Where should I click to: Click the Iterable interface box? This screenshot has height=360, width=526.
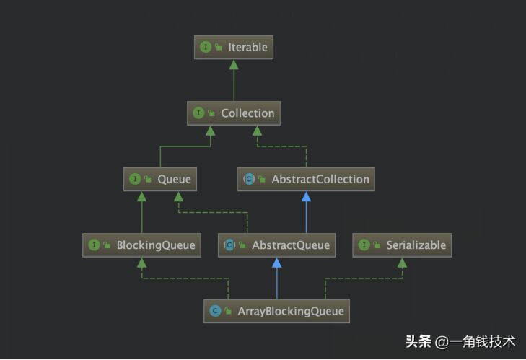click(234, 48)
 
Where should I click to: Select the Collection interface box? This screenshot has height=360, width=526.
click(234, 113)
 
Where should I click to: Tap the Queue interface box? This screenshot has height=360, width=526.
click(160, 179)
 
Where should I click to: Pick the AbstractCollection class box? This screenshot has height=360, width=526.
click(307, 179)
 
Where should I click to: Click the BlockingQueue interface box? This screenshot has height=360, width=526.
click(141, 245)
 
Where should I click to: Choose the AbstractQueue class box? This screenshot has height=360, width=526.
click(277, 245)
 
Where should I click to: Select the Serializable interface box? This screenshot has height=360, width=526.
click(403, 245)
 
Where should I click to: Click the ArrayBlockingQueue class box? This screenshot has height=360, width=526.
click(277, 312)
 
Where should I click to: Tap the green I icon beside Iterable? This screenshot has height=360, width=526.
click(206, 48)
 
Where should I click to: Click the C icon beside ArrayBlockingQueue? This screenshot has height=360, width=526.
click(215, 312)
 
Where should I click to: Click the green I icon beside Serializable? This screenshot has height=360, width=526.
click(364, 245)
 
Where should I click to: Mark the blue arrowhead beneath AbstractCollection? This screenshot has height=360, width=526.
click(307, 196)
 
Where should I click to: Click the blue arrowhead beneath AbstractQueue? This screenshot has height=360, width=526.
click(276, 263)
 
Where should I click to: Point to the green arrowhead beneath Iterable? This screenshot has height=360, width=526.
click(233, 65)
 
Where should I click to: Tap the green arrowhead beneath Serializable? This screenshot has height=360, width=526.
click(402, 263)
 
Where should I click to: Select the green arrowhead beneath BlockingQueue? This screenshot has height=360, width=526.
click(142, 263)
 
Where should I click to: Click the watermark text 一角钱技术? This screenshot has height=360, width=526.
click(483, 341)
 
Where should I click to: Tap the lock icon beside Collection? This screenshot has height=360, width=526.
click(211, 113)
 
